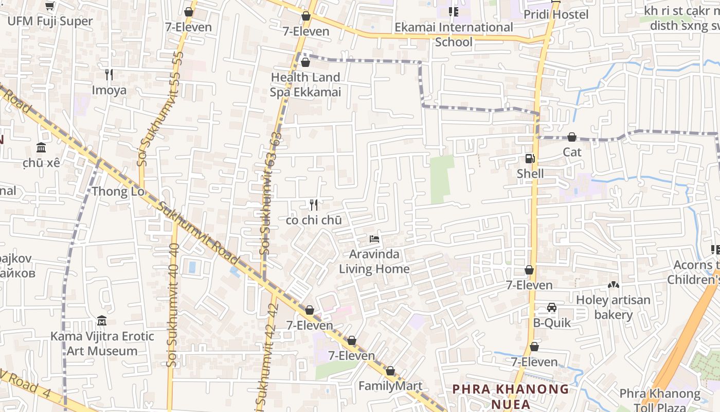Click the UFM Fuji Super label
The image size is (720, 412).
[50, 21]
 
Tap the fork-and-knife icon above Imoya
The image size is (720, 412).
[109, 75]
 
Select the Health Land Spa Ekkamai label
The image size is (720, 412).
[305, 85]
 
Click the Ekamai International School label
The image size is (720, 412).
[454, 35]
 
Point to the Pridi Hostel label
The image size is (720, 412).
[556, 14]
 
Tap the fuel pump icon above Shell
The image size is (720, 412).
[530, 159]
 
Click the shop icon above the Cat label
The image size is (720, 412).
[571, 137]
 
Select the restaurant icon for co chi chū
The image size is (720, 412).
[314, 205]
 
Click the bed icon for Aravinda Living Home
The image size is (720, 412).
[374, 239]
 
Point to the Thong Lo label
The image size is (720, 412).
[118, 192]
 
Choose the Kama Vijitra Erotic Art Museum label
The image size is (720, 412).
[102, 344]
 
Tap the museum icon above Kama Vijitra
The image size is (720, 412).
[102, 321]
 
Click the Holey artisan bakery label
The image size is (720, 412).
[613, 307]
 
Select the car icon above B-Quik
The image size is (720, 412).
[551, 308]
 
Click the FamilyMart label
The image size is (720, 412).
[390, 386]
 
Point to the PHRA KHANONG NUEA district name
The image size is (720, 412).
[511, 396]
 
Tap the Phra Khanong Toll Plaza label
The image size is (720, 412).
[659, 400]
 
